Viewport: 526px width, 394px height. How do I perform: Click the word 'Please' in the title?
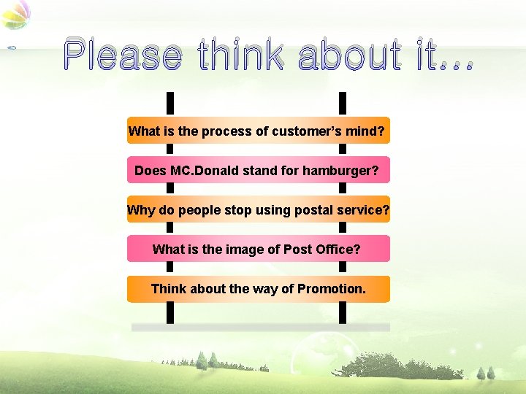click(x=122, y=55)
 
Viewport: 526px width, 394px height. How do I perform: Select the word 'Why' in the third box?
click(x=141, y=210)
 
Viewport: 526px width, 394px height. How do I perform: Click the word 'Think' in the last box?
click(x=169, y=289)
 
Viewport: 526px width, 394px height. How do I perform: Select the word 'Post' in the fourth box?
click(x=297, y=250)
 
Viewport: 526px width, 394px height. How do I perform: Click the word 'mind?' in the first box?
click(x=367, y=132)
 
